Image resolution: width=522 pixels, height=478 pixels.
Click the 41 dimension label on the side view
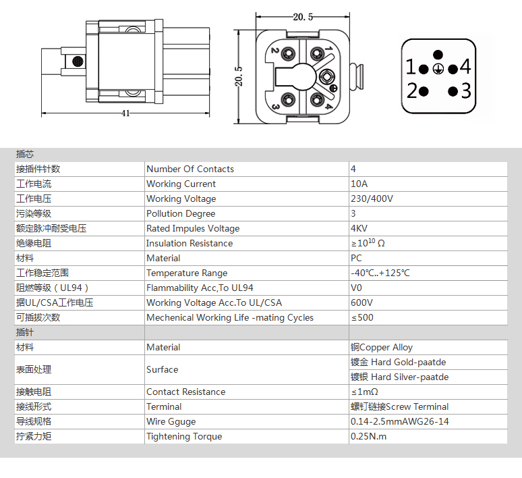click(125, 113)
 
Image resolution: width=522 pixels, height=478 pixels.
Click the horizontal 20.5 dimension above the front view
click(303, 17)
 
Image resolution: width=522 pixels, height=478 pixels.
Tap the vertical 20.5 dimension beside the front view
click(239, 76)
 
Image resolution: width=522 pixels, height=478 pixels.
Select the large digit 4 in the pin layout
click(465, 66)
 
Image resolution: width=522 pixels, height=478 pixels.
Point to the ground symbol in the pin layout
click(438, 69)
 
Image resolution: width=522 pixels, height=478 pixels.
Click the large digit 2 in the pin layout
click(412, 90)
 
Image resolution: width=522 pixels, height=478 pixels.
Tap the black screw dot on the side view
click(78, 61)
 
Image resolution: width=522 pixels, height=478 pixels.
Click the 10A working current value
click(359, 184)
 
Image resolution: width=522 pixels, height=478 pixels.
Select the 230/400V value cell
click(372, 199)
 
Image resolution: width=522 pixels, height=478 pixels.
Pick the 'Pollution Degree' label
click(181, 213)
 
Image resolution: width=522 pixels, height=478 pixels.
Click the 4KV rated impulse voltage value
click(359, 229)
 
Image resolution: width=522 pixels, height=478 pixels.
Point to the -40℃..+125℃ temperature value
click(380, 273)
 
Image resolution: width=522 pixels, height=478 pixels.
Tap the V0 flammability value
click(356, 288)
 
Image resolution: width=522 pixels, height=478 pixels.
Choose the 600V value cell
click(362, 302)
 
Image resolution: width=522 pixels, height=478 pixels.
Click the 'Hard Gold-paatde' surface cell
click(398, 363)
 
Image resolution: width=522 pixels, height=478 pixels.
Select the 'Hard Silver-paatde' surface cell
click(399, 377)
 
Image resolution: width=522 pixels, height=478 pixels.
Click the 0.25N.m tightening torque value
click(368, 436)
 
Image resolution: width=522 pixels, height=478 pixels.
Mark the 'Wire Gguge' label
click(171, 422)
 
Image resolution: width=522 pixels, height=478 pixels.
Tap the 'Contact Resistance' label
click(185, 392)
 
